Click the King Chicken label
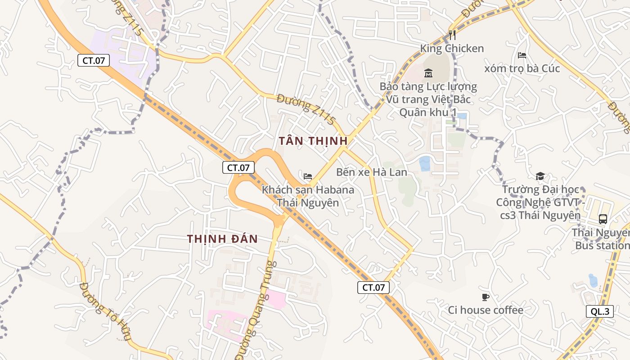[x=452, y=49]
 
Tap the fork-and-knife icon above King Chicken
[x=452, y=35]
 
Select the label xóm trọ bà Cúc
[x=522, y=68]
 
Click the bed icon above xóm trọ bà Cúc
[x=522, y=55]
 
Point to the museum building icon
[x=428, y=73]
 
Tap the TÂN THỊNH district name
[x=313, y=141]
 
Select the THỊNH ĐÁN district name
[x=222, y=239]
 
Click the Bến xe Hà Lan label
[x=372, y=172]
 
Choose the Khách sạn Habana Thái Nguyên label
[x=308, y=196]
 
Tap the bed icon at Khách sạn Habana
[x=308, y=176]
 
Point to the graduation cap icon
[x=540, y=176]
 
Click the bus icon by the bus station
[x=603, y=219]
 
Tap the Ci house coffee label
[x=486, y=310]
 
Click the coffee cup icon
[x=485, y=297]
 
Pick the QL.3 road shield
[x=600, y=311]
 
